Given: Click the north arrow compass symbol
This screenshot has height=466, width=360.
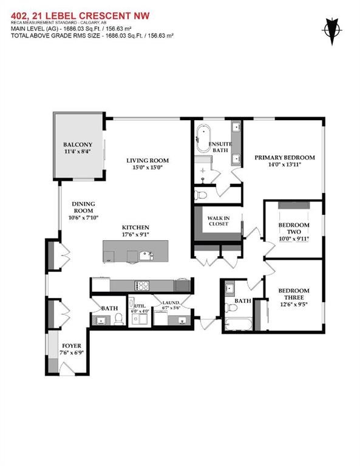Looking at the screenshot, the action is point(331,30).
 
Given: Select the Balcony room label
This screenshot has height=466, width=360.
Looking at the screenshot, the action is point(78,145).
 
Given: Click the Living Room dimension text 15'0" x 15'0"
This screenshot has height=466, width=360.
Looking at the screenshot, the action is point(148,167).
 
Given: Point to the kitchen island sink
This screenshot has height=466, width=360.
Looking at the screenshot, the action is point(146,255).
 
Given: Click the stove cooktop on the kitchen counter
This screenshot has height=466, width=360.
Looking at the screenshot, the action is point(142,286).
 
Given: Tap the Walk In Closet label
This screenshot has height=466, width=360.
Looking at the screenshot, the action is point(219,221).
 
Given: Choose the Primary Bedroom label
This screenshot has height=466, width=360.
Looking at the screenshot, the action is point(285,158).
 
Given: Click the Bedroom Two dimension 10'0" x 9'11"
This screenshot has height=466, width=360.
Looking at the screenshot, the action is point(294,238).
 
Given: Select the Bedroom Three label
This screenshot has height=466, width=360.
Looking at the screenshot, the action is point(294,294).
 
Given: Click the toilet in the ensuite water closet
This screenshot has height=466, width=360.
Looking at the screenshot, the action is point(200,195).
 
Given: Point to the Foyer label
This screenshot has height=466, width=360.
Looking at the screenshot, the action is point(72,346).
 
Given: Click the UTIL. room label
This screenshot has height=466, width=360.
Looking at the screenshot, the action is point(140,306).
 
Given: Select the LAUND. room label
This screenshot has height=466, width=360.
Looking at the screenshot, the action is point(171,303).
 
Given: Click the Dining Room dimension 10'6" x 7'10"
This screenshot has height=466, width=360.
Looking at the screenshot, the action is point(83,218).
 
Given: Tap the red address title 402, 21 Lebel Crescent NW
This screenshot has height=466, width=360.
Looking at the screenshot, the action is point(80,16).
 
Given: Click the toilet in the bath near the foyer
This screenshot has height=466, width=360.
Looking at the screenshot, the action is point(119,319).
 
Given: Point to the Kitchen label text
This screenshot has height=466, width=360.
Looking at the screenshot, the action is point(135,228).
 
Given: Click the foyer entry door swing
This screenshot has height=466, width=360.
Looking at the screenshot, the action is point(67,368).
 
